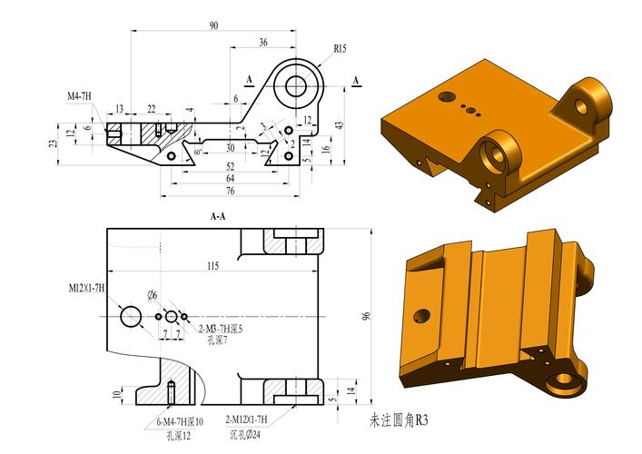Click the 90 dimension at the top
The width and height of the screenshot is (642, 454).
click(x=213, y=25)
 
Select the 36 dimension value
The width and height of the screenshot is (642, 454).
click(x=263, y=42)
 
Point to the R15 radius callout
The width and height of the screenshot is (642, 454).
click(x=340, y=48)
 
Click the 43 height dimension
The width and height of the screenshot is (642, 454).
click(x=339, y=124)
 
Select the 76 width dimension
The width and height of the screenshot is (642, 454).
click(x=230, y=191)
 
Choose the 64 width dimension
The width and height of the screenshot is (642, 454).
click(x=230, y=179)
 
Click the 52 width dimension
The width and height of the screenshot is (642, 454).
click(x=230, y=166)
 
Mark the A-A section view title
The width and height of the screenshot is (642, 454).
click(x=218, y=217)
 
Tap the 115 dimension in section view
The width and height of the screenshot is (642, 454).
click(x=212, y=266)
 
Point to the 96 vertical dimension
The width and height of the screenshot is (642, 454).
click(x=366, y=316)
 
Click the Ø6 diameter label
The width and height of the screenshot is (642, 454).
click(x=153, y=295)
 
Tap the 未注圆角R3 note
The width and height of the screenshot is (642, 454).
click(x=398, y=421)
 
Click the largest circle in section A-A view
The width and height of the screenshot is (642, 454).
click(x=131, y=316)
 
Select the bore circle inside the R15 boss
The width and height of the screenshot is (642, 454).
click(x=295, y=85)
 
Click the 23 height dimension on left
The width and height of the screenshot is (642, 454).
click(x=54, y=142)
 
